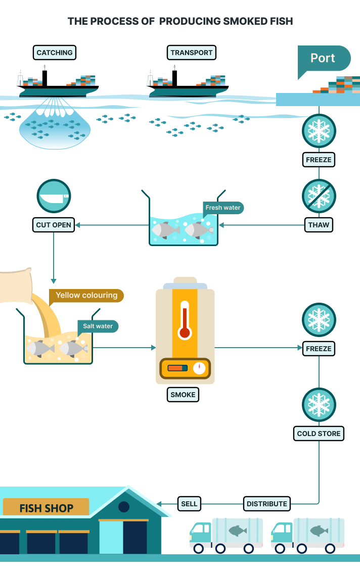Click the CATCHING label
(55, 53)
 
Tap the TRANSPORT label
(192, 53)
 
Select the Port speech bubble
(323, 58)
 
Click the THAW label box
(319, 224)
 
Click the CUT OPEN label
(54, 224)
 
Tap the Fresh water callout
(223, 208)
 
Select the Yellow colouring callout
(86, 296)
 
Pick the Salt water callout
(98, 326)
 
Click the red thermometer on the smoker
(185, 320)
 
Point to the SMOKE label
(183, 395)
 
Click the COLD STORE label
(319, 434)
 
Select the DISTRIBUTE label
(267, 503)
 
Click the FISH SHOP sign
(46, 508)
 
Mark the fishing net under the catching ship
(56, 129)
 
